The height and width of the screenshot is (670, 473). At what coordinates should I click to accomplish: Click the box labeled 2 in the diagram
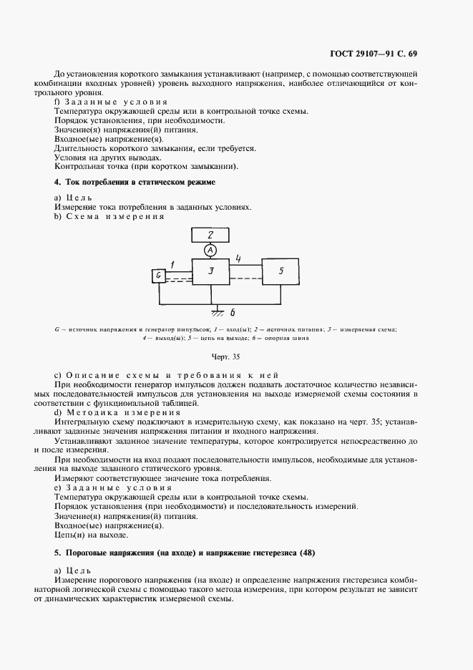[x=210, y=234]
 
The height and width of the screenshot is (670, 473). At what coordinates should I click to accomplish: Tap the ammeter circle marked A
[x=210, y=250]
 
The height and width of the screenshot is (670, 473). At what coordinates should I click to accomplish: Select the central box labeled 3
[x=210, y=272]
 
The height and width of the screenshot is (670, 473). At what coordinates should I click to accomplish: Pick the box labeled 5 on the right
[x=281, y=272]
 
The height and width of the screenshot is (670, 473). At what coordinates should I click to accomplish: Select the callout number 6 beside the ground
[x=233, y=313]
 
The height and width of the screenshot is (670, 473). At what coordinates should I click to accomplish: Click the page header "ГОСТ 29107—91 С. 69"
[x=404, y=54]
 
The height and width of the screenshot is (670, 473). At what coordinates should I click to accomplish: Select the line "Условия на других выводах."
[x=107, y=157]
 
